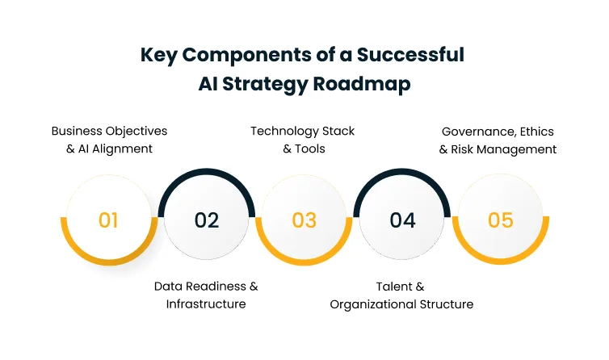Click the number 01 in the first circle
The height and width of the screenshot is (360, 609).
[108, 220]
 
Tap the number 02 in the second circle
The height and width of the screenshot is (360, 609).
[207, 220]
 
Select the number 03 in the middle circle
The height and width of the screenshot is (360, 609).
[304, 220]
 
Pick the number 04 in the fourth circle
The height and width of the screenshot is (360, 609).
[402, 220]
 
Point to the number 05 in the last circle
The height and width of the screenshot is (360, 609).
[501, 220]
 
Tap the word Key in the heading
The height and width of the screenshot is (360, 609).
[158, 55]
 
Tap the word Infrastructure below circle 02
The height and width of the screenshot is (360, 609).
[206, 304]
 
